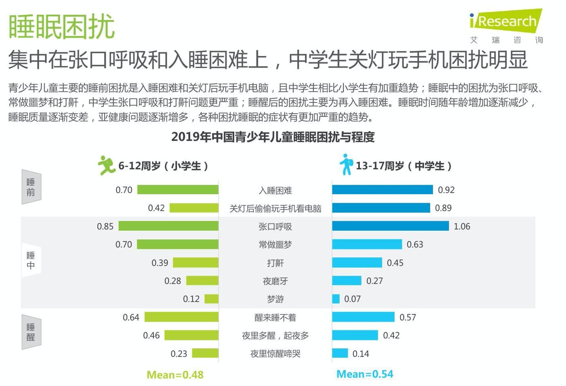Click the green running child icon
coord(106,165)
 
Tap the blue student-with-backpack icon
coord(346,164)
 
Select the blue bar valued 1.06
coord(390,226)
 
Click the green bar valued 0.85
coord(168,226)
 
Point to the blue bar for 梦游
coord(336,299)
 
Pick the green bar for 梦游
coord(211,299)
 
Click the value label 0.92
coord(446,190)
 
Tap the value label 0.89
coord(443,208)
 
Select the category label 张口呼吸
coord(275,227)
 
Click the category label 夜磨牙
coord(275,281)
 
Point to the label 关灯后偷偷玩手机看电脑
coord(275,209)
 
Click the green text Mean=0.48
coord(175,375)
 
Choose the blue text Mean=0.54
coord(365,374)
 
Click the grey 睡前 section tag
coord(31,187)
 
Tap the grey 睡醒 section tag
coord(31,332)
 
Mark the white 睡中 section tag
coord(31,260)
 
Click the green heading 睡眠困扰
coord(61,27)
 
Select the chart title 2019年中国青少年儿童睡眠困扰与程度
coord(273,137)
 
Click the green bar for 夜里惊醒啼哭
coord(205,353)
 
